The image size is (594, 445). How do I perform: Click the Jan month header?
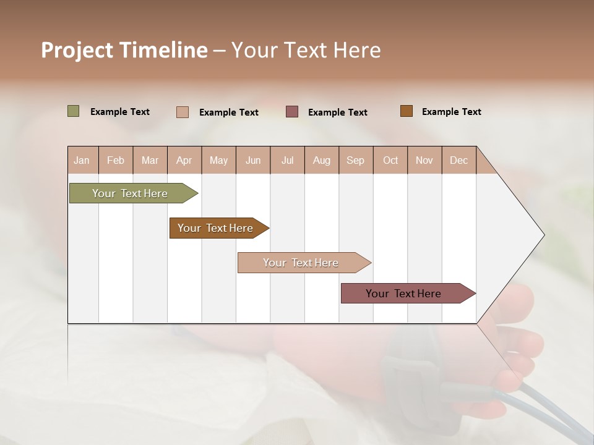click(82, 160)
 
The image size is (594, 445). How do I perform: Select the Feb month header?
click(116, 160)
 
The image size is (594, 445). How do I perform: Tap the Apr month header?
click(184, 160)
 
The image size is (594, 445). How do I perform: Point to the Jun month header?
click(253, 160)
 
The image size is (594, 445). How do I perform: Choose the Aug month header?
click(321, 160)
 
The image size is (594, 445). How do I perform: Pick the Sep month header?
click(355, 160)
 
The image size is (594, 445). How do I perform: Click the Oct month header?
click(390, 160)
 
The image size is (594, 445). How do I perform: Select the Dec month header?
click(458, 160)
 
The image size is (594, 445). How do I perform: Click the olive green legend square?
click(73, 111)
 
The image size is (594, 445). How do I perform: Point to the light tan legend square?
click(183, 112)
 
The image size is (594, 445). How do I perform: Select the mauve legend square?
click(292, 111)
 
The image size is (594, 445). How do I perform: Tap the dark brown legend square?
click(406, 111)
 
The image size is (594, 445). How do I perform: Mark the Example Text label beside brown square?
click(451, 112)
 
